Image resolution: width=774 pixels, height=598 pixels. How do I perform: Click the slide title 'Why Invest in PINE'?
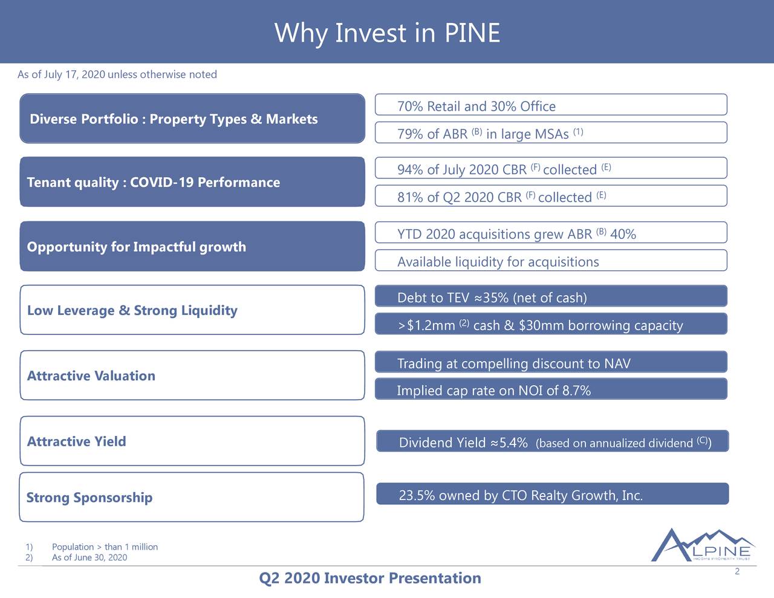(x=387, y=33)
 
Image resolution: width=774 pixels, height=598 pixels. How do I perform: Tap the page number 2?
(x=737, y=573)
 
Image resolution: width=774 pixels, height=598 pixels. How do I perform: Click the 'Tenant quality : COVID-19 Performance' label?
(x=154, y=183)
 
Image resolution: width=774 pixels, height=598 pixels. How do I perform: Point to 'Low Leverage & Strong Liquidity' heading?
(x=132, y=311)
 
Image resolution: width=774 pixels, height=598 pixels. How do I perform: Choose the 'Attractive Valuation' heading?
(x=91, y=376)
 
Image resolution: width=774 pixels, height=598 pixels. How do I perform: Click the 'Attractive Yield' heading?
(x=77, y=441)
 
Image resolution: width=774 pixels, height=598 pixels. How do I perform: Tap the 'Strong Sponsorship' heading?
(x=89, y=498)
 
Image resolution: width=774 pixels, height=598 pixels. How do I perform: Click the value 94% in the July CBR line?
(x=410, y=170)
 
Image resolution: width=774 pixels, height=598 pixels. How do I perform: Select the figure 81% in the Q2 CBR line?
(x=410, y=198)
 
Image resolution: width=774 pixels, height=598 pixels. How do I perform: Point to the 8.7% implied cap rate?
(x=576, y=391)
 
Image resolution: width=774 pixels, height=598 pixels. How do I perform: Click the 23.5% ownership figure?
(x=417, y=496)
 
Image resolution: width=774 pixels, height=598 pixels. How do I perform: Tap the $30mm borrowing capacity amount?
(x=541, y=326)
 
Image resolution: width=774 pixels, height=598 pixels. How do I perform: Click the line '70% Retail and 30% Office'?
(x=476, y=106)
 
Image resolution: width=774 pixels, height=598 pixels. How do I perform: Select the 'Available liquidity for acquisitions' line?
(x=498, y=262)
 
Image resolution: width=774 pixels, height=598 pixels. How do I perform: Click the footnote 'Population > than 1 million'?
(x=105, y=547)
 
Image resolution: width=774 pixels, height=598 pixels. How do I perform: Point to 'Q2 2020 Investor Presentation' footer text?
(x=370, y=579)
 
